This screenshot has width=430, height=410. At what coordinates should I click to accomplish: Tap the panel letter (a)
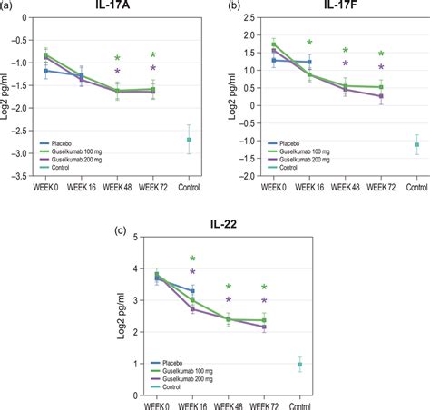tap(10, 7)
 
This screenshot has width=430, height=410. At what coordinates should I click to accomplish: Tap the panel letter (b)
tap(232, 7)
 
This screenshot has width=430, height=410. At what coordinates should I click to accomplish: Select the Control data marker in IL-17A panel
tap(188, 139)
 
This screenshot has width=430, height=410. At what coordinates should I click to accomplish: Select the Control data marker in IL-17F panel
tap(416, 144)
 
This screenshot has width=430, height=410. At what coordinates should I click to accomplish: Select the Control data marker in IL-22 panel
tap(299, 364)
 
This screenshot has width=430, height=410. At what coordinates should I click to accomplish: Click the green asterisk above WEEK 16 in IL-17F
tap(309, 43)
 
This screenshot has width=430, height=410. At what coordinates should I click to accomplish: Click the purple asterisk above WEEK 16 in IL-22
tap(191, 272)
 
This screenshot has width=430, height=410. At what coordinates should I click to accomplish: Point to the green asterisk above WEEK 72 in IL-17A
tap(152, 55)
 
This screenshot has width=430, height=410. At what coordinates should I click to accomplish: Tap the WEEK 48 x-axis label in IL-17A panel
tap(117, 187)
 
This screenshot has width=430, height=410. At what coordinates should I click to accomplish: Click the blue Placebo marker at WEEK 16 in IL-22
tap(191, 290)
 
